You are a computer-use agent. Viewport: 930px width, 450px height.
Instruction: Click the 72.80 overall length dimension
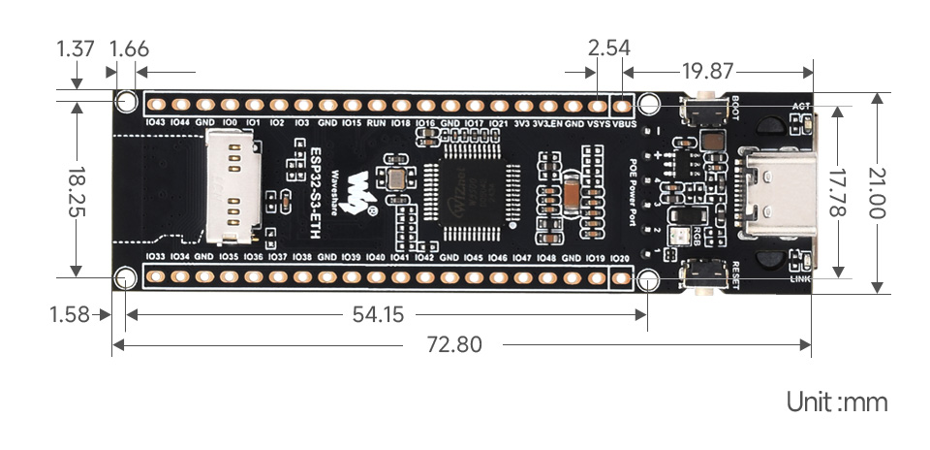click(x=452, y=344)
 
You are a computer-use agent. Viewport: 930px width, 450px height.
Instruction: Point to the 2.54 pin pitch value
click(x=609, y=48)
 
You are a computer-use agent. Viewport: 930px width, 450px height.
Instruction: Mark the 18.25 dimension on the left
click(x=75, y=189)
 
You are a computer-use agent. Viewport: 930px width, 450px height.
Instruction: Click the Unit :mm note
click(x=837, y=402)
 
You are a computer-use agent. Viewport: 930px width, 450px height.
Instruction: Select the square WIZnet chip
click(x=473, y=191)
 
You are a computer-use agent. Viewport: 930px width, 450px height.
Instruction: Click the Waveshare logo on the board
click(x=362, y=191)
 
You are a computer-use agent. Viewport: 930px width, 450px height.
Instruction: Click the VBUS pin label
click(x=625, y=124)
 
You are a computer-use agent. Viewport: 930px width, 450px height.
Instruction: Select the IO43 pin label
click(x=154, y=123)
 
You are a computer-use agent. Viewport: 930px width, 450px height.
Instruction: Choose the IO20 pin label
click(x=621, y=258)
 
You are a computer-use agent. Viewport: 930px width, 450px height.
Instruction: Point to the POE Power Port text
click(x=635, y=189)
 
